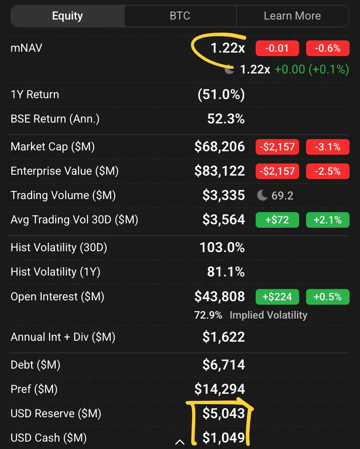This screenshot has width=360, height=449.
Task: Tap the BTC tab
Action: [x=180, y=16]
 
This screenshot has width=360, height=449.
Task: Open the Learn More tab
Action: [x=293, y=16]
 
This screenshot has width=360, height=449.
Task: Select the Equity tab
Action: [x=67, y=16]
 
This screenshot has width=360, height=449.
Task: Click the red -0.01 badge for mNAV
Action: [x=277, y=48]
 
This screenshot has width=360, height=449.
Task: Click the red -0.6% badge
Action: [x=328, y=48]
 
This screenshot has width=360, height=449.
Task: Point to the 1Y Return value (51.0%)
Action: [x=221, y=94]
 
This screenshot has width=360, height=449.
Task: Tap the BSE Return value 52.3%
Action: [x=226, y=119]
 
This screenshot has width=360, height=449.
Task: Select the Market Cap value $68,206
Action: [x=220, y=146]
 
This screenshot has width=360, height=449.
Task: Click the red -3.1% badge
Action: [x=328, y=147]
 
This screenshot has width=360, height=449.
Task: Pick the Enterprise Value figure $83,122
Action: [x=220, y=171]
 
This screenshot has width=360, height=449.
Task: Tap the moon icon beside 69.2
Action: [x=262, y=195]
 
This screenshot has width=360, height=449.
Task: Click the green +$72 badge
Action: [x=277, y=220]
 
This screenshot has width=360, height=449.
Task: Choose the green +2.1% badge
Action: [x=328, y=220]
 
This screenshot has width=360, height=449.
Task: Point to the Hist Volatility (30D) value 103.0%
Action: [x=222, y=247]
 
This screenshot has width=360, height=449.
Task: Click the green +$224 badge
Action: [x=277, y=297]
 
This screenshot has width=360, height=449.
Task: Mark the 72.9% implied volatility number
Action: [x=208, y=315]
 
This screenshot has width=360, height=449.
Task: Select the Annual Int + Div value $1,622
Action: [x=223, y=337]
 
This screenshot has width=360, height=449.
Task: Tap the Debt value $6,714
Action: [x=223, y=365]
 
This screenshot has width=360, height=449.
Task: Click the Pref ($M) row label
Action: [x=34, y=389]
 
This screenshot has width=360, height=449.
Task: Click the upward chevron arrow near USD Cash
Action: [x=180, y=442]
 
